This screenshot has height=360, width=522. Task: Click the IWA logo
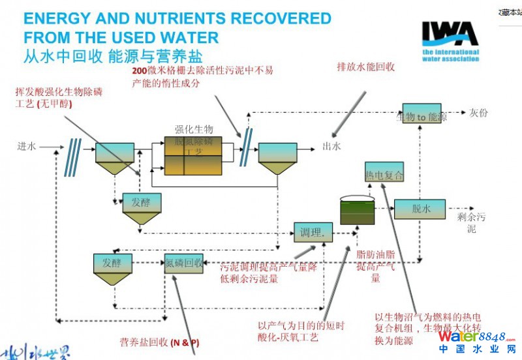click(450, 40)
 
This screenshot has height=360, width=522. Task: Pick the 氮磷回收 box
click(184, 263)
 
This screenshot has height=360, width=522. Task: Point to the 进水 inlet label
click(27, 146)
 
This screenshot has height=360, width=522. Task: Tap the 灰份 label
click(478, 112)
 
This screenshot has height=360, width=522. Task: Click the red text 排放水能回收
click(365, 66)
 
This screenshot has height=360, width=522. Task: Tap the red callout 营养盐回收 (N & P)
click(159, 342)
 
